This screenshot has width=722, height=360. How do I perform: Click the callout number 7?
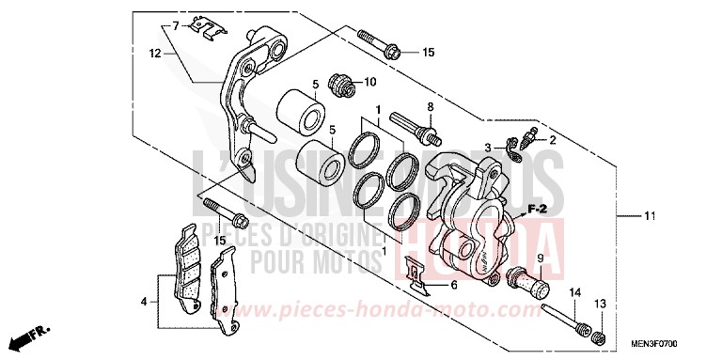pos(176,24)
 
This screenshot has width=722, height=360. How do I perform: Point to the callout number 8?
pos(430,107)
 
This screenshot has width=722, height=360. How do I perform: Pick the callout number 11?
pos(647,218)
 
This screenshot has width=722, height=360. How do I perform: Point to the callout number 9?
pos(541,257)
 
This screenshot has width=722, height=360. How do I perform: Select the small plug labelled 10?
pos(343,85)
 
